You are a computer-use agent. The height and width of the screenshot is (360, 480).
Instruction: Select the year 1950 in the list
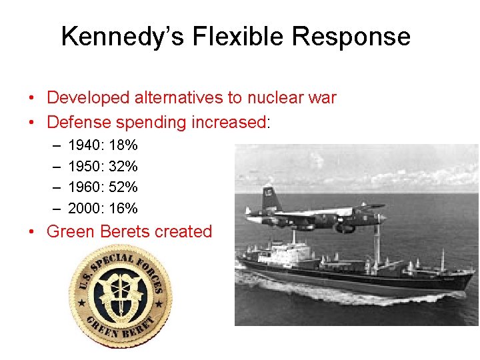pyautogui.click(x=85, y=166)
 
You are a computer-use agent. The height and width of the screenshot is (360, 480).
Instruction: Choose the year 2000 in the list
pyautogui.click(x=85, y=209)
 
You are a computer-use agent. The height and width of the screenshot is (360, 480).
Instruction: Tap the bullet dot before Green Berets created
pyautogui.click(x=32, y=232)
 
